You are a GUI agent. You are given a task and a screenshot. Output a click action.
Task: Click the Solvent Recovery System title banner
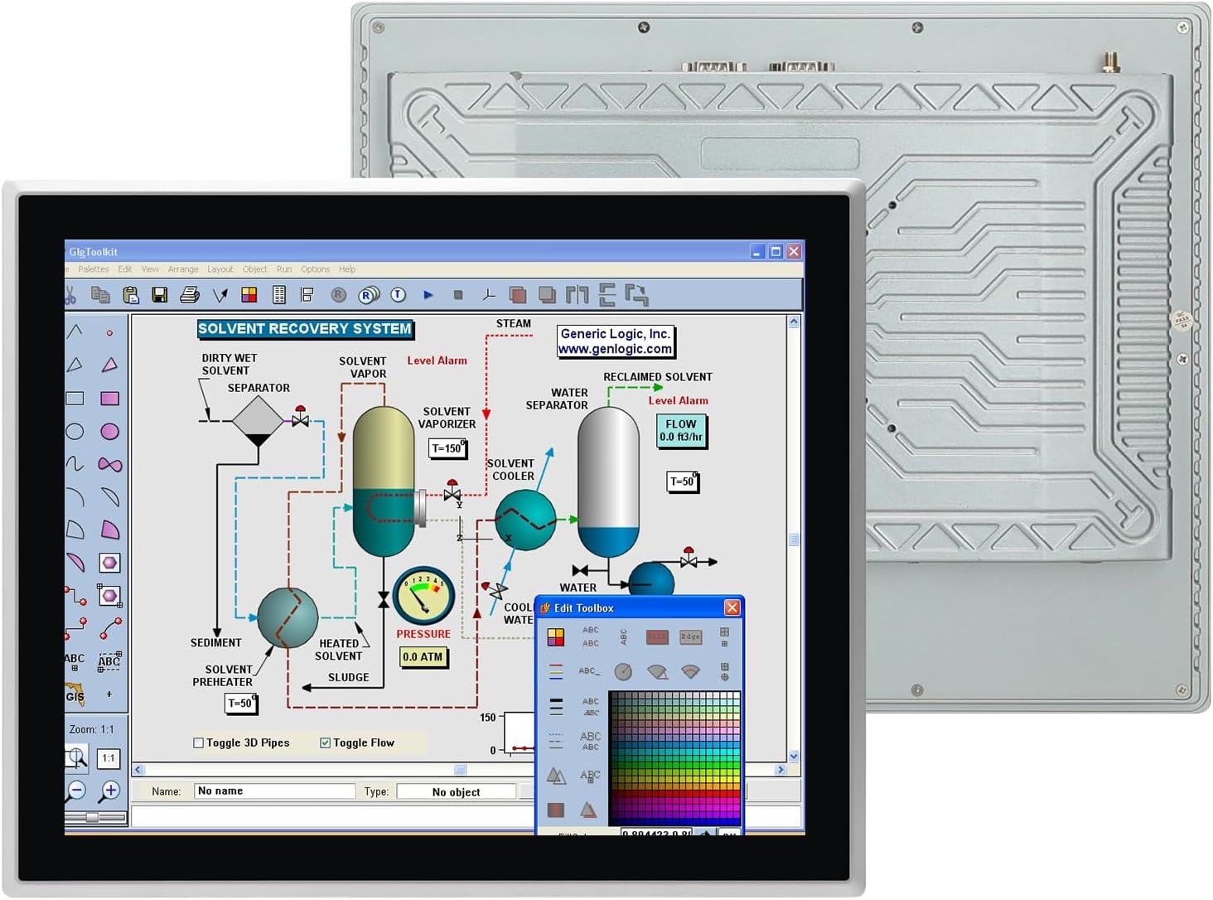click(305, 329)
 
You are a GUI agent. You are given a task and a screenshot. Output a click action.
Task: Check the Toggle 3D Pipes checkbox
click(199, 743)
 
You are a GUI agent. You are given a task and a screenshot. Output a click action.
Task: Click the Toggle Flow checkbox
click(326, 743)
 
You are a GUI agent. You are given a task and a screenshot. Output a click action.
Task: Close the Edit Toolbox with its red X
click(732, 608)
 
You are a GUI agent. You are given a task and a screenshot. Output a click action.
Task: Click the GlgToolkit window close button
click(794, 251)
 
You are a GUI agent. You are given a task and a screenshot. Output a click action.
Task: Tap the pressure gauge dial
click(423, 595)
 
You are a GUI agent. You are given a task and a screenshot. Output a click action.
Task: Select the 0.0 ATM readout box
click(423, 657)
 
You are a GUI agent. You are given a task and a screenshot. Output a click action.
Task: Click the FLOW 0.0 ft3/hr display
click(681, 430)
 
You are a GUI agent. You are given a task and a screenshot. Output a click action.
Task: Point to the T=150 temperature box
click(447, 448)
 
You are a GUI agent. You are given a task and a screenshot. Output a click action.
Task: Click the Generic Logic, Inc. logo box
click(616, 341)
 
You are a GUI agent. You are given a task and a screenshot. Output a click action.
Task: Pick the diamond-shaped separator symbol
click(258, 419)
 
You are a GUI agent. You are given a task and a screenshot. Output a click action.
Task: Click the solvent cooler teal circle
click(525, 520)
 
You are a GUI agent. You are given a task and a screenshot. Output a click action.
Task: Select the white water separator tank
click(608, 481)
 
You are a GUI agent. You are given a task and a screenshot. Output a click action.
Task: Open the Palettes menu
click(94, 269)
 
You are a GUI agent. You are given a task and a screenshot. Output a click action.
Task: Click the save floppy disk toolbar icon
click(160, 295)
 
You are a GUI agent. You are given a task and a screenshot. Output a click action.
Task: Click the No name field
click(274, 791)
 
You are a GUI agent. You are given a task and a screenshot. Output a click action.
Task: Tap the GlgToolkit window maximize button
click(776, 251)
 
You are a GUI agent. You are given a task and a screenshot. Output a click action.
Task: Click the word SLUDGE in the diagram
click(349, 677)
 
